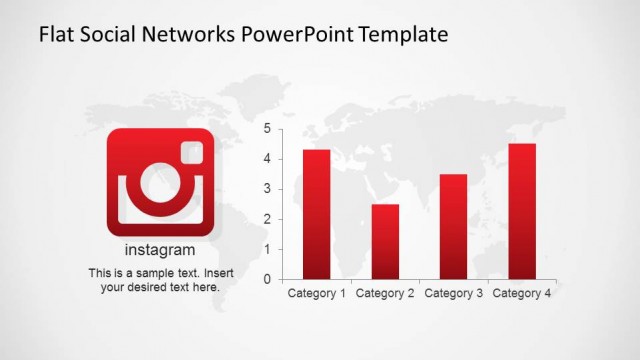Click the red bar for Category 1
click(317, 214)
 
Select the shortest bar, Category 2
click(385, 241)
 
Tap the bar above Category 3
click(453, 226)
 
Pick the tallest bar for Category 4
click(522, 211)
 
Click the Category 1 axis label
click(317, 293)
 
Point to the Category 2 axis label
click(385, 293)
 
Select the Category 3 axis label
click(453, 293)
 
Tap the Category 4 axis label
click(522, 293)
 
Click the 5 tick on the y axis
click(267, 129)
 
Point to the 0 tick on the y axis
click(267, 279)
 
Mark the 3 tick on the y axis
click(267, 189)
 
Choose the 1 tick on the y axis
click(267, 249)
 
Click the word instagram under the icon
click(160, 250)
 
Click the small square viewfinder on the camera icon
click(191, 151)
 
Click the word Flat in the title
click(56, 35)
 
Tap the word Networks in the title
click(194, 35)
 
